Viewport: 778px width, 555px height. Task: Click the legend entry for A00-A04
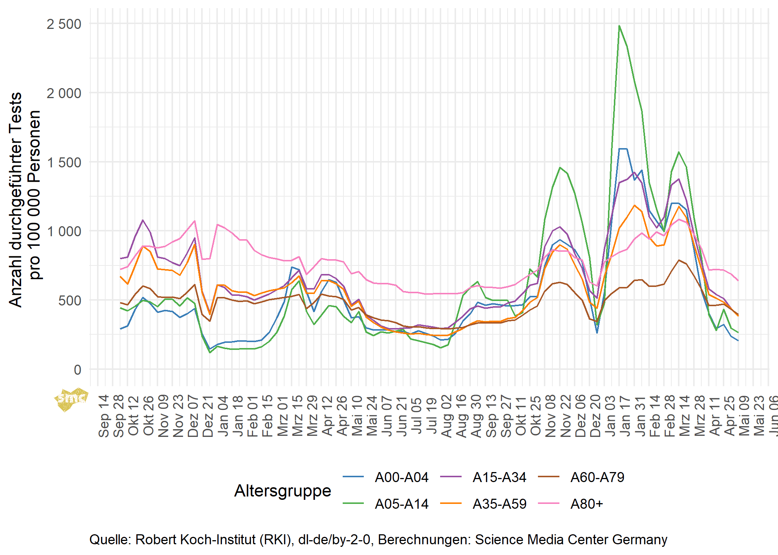point(401,477)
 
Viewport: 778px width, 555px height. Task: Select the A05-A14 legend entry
point(401,504)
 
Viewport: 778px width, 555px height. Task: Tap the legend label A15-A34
point(499,477)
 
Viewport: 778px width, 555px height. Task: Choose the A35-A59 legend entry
point(499,504)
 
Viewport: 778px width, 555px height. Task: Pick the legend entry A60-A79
point(597,477)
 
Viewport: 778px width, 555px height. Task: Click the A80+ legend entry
point(587,504)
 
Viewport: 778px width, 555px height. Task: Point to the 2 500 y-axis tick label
point(64,24)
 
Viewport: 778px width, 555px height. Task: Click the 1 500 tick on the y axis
point(64,163)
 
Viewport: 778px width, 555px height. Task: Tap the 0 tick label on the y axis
point(77,370)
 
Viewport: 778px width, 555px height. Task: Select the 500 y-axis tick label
point(70,301)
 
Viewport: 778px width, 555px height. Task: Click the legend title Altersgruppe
point(283,491)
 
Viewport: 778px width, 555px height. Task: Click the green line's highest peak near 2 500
point(619,26)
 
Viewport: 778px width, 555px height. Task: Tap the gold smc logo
point(72,399)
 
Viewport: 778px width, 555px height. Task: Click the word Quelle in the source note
point(110,539)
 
